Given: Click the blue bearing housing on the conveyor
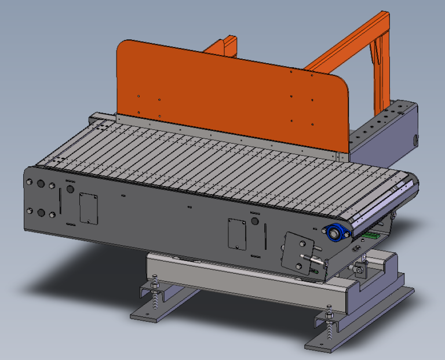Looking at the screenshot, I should click(336, 232).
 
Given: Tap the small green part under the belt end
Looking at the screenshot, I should click(371, 235).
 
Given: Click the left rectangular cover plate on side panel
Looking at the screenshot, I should click(87, 208).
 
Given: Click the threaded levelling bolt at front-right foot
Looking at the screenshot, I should click(330, 328).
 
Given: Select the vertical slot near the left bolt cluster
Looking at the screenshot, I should click(59, 200).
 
